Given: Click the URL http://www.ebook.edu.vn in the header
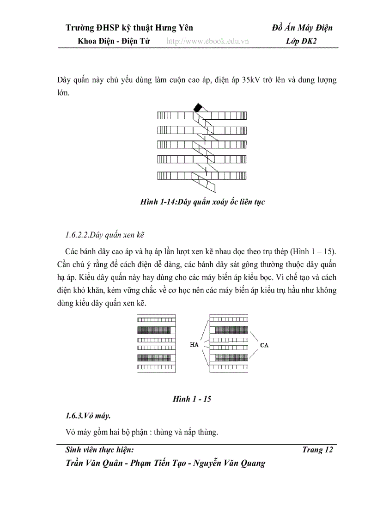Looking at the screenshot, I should click(207, 41).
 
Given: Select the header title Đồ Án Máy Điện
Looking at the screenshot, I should click(302, 28).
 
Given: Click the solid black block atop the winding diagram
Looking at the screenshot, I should click(198, 108).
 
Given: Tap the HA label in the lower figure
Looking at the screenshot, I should click(195, 344).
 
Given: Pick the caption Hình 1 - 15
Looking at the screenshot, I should click(192, 399).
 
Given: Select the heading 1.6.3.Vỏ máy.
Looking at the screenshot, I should click(88, 416).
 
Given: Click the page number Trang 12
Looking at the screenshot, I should click(317, 450).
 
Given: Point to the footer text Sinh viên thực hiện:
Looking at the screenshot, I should click(100, 450).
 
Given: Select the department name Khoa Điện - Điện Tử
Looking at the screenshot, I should click(111, 41).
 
